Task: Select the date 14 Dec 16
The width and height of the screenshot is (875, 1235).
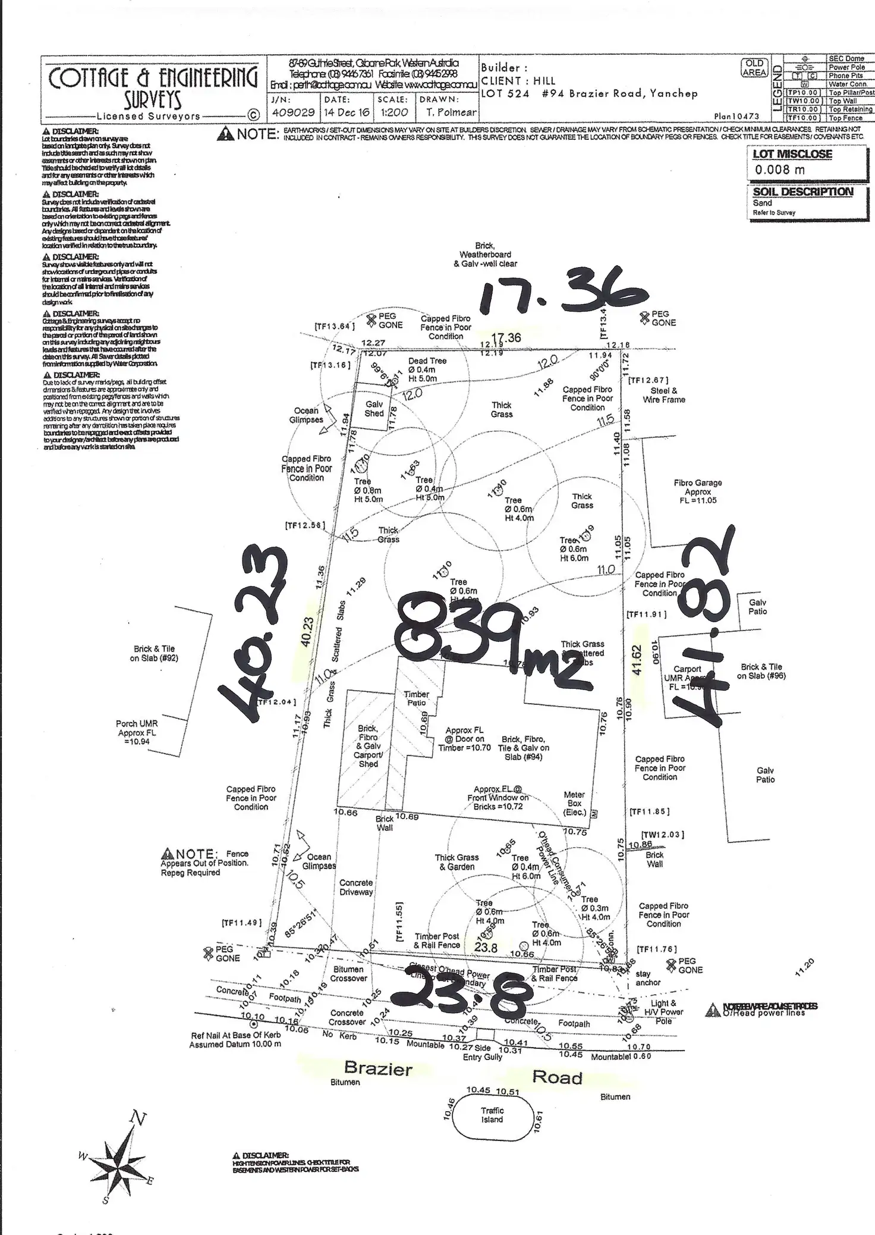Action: [347, 112]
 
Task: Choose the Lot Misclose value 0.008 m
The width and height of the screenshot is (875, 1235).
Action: [772, 170]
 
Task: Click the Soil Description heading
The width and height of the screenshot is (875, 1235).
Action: [802, 192]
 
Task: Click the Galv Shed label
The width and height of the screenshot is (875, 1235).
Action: [374, 409]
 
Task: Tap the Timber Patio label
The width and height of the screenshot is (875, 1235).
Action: [416, 698]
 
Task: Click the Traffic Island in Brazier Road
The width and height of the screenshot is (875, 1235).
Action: [492, 1115]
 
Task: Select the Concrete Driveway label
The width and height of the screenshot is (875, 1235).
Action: [356, 888]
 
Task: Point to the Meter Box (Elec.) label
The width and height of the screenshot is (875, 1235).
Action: [574, 803]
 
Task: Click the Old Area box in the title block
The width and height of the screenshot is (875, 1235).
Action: [754, 68]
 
